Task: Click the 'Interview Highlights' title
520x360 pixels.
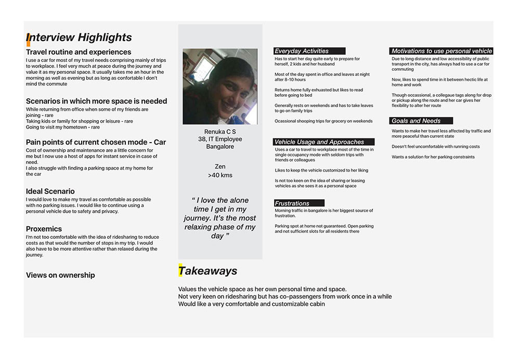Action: (80, 37)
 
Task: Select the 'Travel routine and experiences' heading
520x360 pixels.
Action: (79, 52)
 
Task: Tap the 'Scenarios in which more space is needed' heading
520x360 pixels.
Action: (96, 101)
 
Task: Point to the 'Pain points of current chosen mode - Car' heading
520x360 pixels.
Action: (96, 142)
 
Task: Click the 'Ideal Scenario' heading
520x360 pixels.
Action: (50, 191)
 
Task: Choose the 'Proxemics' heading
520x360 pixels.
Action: (44, 229)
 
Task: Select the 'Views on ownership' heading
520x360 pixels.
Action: (60, 275)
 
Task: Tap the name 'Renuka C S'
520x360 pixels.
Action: (220, 132)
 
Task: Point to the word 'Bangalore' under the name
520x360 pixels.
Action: (220, 147)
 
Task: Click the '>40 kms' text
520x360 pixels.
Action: (220, 175)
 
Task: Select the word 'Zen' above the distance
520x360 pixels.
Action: (220, 166)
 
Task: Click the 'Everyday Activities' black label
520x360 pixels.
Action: (309, 51)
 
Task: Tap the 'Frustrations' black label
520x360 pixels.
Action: (299, 203)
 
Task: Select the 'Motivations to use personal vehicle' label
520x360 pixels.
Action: (441, 51)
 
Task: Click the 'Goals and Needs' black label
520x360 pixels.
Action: (421, 121)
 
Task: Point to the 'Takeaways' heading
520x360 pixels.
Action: (208, 271)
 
